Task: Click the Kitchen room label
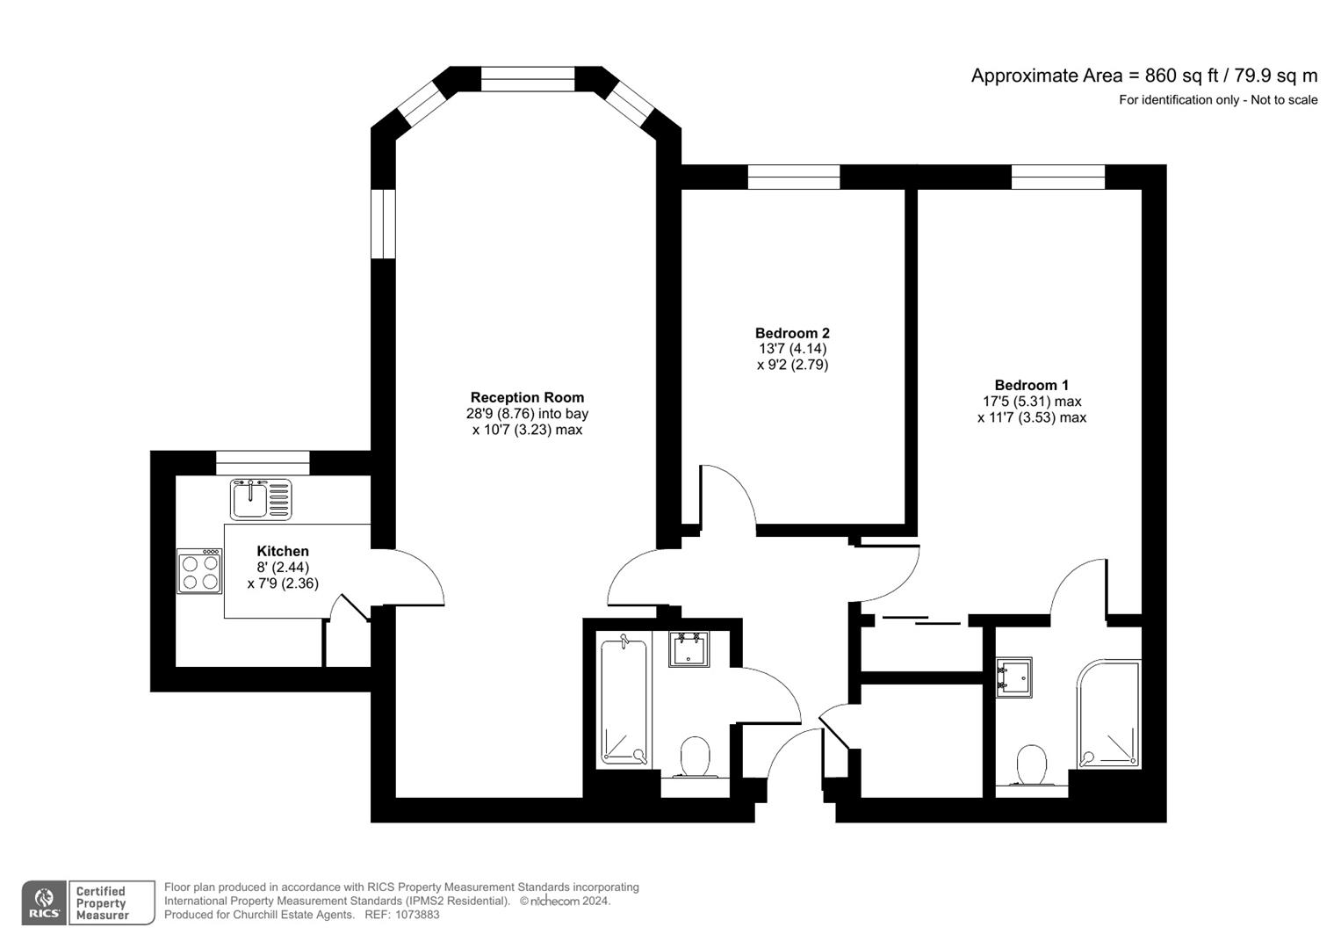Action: tap(283, 551)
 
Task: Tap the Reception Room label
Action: tap(527, 397)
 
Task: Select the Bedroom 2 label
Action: tap(792, 333)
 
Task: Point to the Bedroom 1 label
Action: tap(1031, 385)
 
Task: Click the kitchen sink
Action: tap(261, 499)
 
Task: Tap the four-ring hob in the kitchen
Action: tap(199, 571)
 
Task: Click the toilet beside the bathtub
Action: tap(695, 757)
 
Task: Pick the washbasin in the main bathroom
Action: tap(689, 650)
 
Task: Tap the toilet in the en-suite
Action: tap(1031, 764)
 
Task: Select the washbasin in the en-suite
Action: tap(1014, 677)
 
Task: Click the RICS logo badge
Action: tap(44, 902)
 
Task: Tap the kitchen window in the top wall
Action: tap(263, 462)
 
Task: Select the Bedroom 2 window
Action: tap(793, 177)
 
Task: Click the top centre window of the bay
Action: tap(528, 79)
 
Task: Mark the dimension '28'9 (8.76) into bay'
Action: tap(527, 414)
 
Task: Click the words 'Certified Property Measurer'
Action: tap(103, 903)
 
